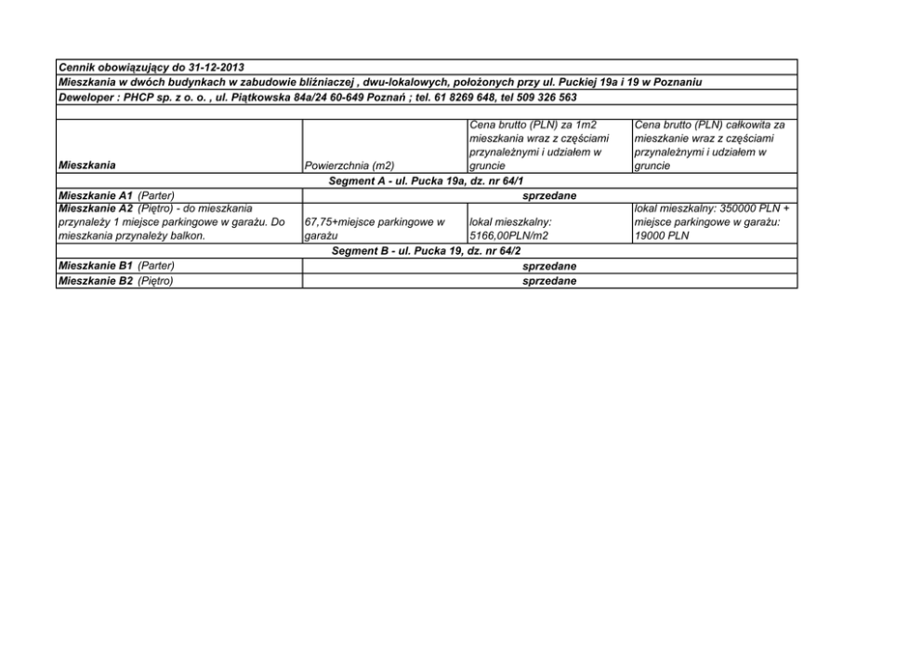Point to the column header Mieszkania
click(86, 166)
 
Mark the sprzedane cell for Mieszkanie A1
click(549, 195)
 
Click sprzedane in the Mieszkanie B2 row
click(549, 281)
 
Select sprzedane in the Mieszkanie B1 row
click(549, 266)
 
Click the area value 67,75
click(319, 223)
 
